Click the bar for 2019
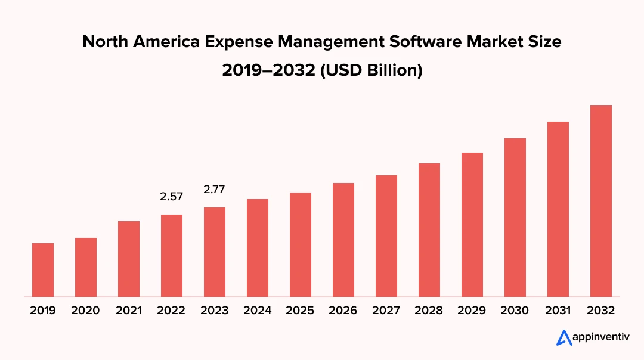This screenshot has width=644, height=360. coord(43,269)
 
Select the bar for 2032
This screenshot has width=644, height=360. coord(601,201)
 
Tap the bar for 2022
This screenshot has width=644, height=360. coord(172,255)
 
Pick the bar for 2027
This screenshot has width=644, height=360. coord(386,235)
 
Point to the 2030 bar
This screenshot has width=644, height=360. coord(515,217)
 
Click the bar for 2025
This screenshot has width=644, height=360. coord(301,244)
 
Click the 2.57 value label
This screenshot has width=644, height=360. coord(172,196)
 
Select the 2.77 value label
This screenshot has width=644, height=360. coord(215,190)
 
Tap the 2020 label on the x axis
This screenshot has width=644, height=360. coord(86,311)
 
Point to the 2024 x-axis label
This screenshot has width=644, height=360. coord(258,311)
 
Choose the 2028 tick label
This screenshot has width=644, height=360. coord(429,311)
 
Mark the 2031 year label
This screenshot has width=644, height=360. coord(558,311)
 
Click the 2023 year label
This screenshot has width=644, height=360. coord(215,311)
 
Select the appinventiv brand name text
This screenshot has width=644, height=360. coord(598,338)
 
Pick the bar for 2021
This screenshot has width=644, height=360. coord(129,259)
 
